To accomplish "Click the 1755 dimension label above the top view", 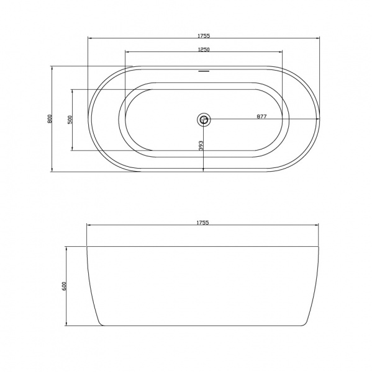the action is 204,35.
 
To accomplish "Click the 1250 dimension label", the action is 204,50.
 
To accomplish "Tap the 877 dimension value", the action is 261,117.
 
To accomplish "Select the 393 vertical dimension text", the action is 201,146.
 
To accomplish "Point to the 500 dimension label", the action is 70,120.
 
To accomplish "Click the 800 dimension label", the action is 50,119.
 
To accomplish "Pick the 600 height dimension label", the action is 63,286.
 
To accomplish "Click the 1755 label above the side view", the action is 202,223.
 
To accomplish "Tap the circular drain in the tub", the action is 204,118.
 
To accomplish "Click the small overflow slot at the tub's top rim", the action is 204,71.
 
